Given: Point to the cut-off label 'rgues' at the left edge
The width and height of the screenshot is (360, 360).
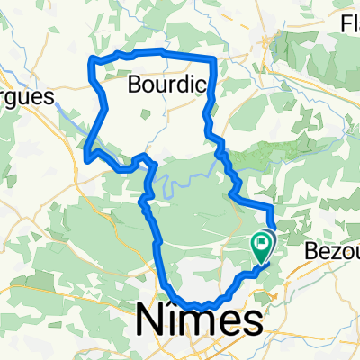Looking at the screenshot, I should tap(27, 94).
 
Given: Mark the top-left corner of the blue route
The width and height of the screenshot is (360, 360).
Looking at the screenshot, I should tap(90, 61).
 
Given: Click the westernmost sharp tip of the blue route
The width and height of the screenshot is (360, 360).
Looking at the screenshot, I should tap(85, 160).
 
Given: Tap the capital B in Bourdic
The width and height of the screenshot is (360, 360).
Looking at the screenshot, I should tap(136, 85).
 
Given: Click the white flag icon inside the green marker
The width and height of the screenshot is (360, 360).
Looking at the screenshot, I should tap(262, 240).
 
